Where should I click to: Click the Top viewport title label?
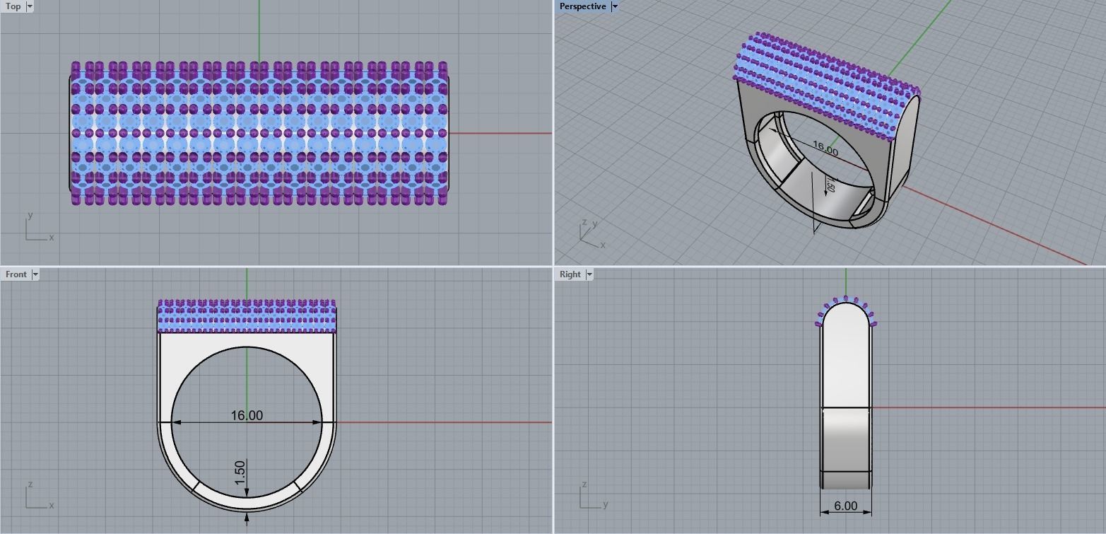coord(13,6)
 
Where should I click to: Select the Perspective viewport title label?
coord(582,6)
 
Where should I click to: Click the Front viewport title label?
coord(16,274)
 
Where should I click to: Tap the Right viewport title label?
coord(570,274)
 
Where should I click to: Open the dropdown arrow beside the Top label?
coord(30,6)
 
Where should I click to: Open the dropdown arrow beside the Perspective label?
coord(614,6)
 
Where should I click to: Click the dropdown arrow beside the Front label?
coord(35,274)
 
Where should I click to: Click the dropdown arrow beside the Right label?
coord(589,274)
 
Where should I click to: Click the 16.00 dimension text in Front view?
coord(247,415)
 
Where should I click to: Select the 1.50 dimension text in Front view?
coord(240,472)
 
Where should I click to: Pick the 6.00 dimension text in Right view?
coord(845,506)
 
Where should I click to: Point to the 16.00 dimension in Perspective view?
coord(825,148)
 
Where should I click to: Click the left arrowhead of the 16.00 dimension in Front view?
coord(176,422)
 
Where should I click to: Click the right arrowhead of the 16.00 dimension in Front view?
coord(317,422)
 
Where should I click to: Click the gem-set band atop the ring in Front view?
coord(247,316)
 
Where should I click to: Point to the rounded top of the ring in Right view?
coord(846,311)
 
